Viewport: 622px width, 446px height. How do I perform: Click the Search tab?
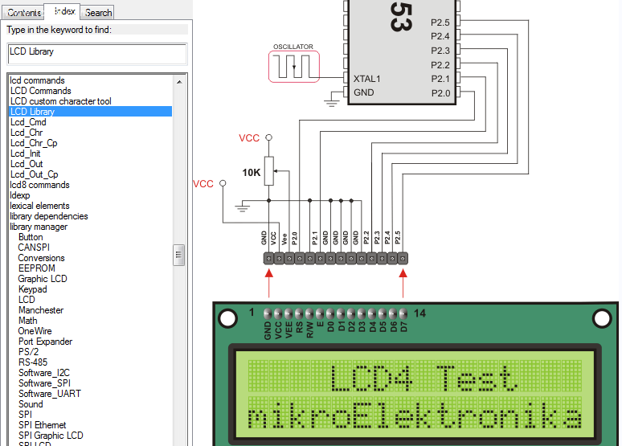pyautogui.click(x=98, y=13)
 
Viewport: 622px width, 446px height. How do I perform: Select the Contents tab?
pyautogui.click(x=24, y=13)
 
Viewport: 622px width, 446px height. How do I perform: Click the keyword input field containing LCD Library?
pyautogui.click(x=96, y=52)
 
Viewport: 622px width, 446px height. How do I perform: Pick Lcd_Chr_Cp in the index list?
pyautogui.click(x=34, y=143)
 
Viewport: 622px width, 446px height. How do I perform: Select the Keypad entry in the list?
pyautogui.click(x=32, y=289)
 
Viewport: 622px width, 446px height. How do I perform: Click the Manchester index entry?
pyautogui.click(x=40, y=310)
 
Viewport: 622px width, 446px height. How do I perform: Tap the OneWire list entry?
pyautogui.click(x=35, y=331)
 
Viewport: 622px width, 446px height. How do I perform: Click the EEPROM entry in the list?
pyautogui.click(x=36, y=268)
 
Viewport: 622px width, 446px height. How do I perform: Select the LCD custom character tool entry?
pyautogui.click(x=60, y=101)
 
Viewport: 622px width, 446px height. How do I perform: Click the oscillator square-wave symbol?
pyautogui.click(x=293, y=67)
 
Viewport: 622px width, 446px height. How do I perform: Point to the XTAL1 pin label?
pyautogui.click(x=366, y=79)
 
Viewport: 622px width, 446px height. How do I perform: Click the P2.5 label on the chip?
pyautogui.click(x=440, y=22)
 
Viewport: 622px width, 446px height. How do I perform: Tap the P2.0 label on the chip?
pyautogui.click(x=440, y=93)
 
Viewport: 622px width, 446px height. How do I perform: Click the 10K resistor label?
pyautogui.click(x=252, y=172)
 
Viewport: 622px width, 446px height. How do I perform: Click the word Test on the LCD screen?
pyautogui.click(x=473, y=377)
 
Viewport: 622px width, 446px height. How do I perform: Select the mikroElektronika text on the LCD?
pyautogui.click(x=414, y=418)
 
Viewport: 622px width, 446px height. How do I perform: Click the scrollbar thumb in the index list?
pyautogui.click(x=178, y=255)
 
